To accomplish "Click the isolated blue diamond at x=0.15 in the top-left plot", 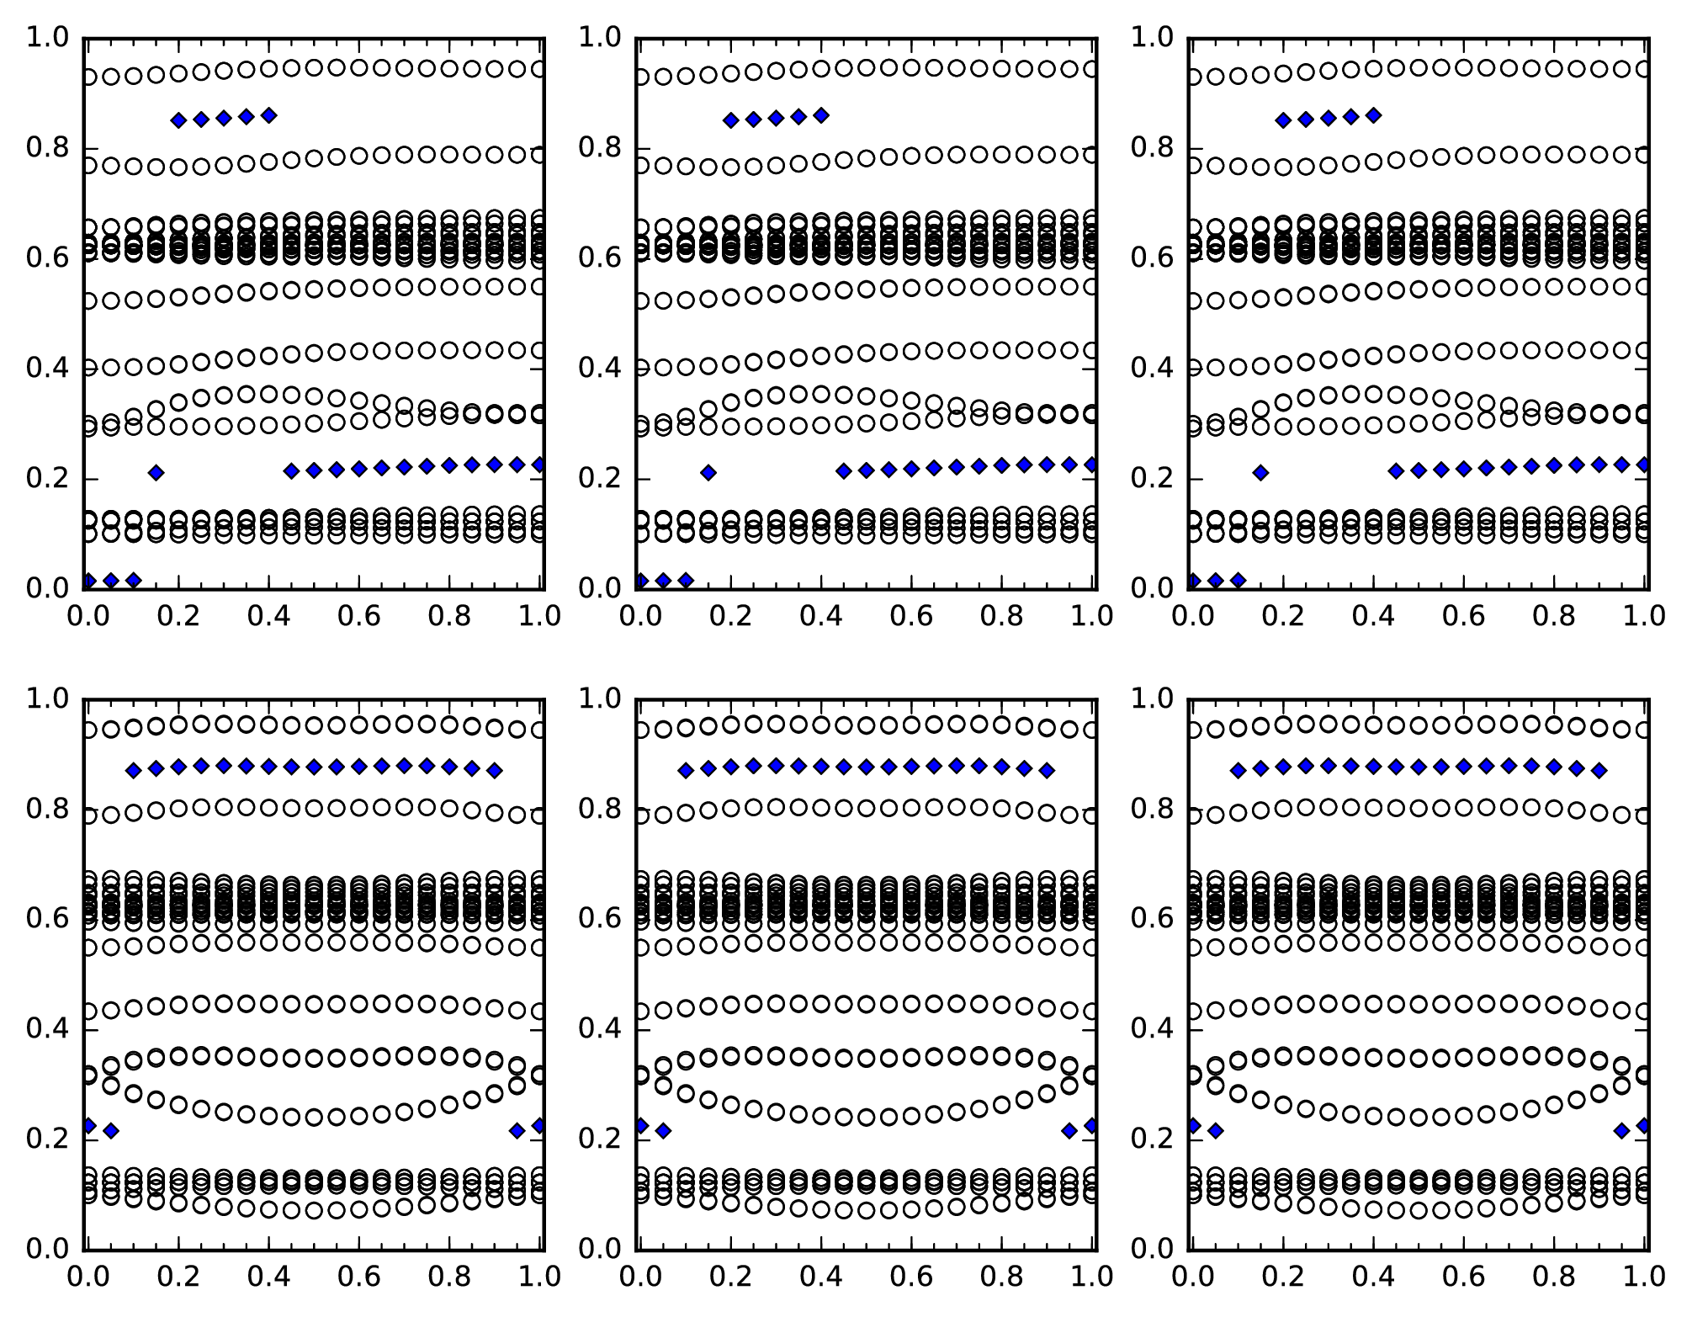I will pyautogui.click(x=156, y=473).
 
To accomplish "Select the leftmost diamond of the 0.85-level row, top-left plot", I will pyautogui.click(x=178, y=120).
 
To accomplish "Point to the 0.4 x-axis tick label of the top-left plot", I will pyautogui.click(x=268, y=616).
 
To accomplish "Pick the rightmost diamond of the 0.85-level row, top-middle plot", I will pyautogui.click(x=821, y=115).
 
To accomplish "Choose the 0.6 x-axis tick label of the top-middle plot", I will pyautogui.click(x=911, y=616).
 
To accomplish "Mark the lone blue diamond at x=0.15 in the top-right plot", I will pyautogui.click(x=1260, y=473).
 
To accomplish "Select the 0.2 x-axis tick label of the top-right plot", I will pyautogui.click(x=1282, y=616).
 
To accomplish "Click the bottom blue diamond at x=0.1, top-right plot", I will pyautogui.click(x=1238, y=580).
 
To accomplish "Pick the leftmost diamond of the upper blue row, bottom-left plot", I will pyautogui.click(x=133, y=770).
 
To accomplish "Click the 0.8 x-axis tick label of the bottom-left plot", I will pyautogui.click(x=450, y=1277).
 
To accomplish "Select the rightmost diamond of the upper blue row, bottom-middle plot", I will pyautogui.click(x=1047, y=770).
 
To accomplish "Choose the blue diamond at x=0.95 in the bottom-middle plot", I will pyautogui.click(x=1069, y=1131).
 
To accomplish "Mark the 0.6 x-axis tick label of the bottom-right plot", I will pyautogui.click(x=1464, y=1277).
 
